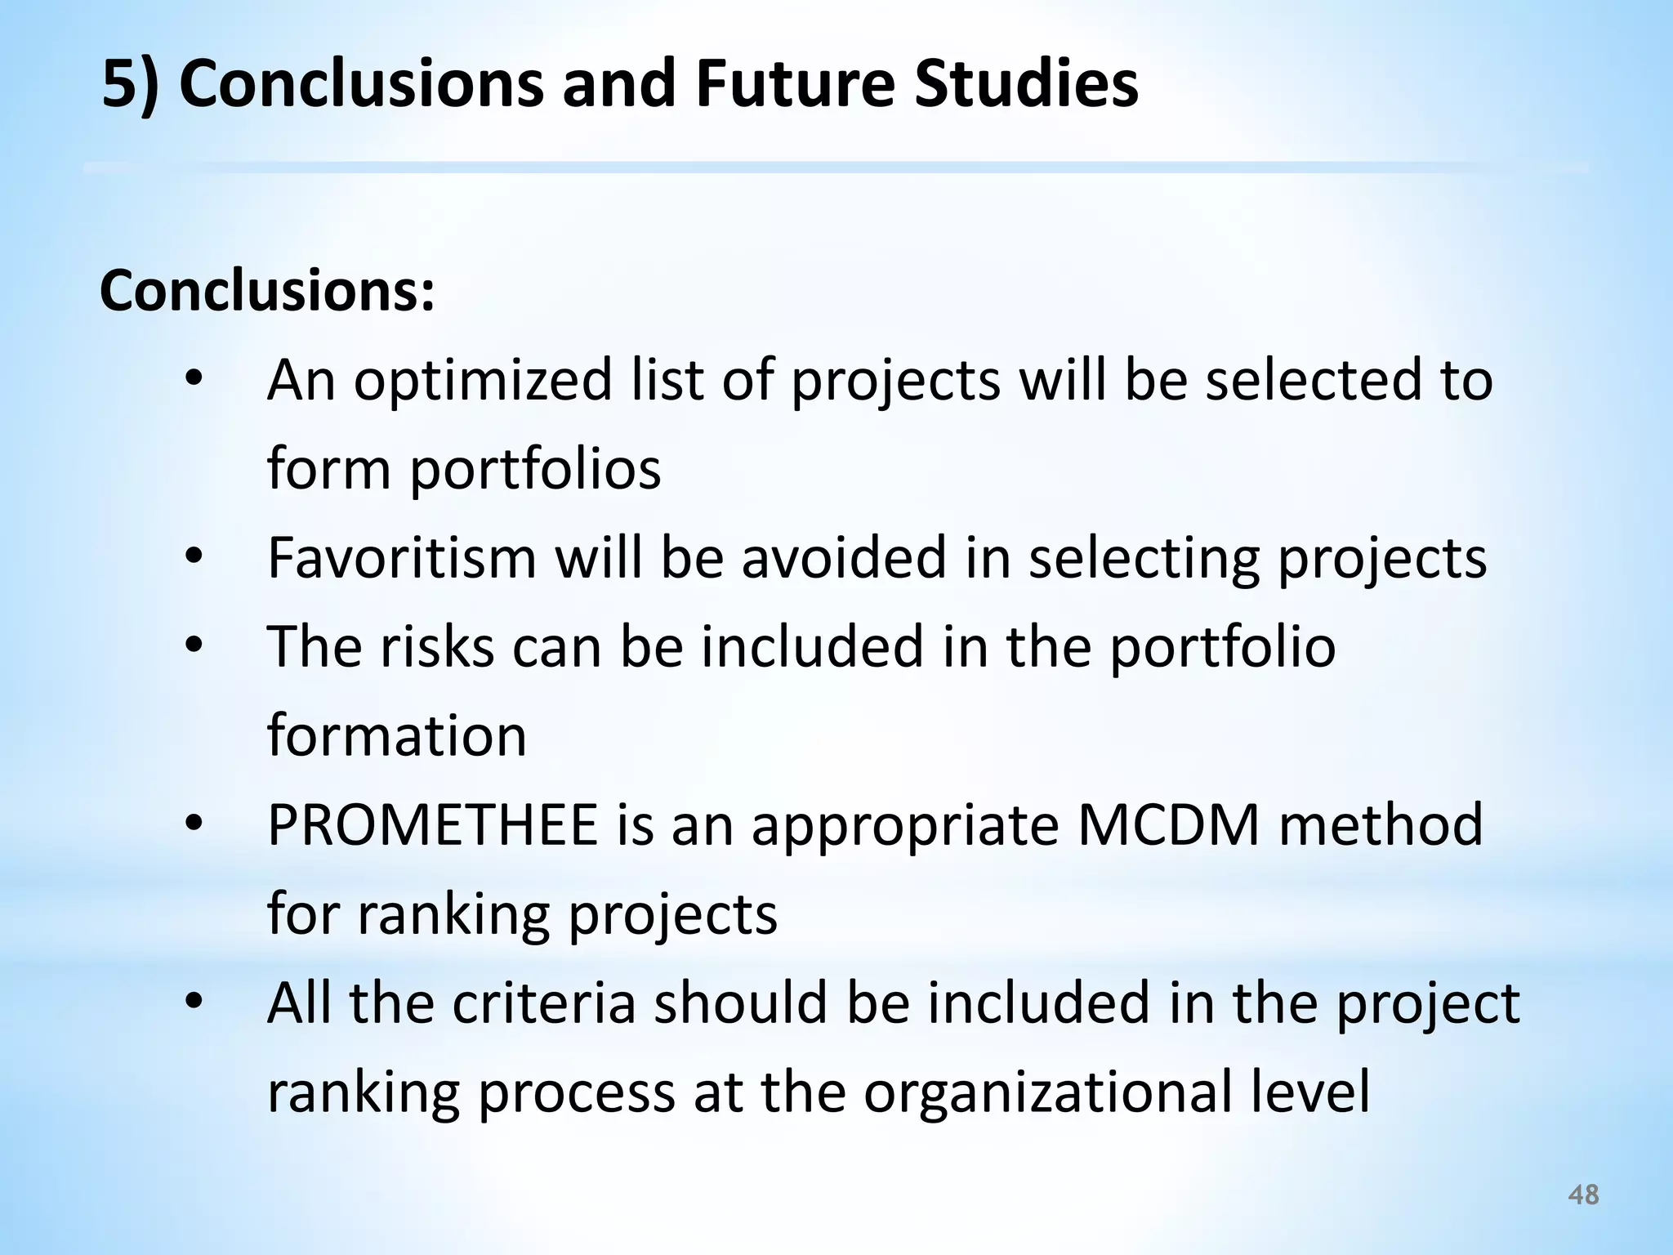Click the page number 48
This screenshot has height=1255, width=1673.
tap(1583, 1195)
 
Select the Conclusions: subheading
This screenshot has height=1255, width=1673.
tap(267, 292)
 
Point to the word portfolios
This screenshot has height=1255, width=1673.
tap(535, 469)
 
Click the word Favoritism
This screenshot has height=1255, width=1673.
tap(402, 558)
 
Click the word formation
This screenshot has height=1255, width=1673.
tap(397, 735)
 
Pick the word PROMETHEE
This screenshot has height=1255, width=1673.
tap(432, 825)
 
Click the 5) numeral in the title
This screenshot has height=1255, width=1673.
tap(129, 85)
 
